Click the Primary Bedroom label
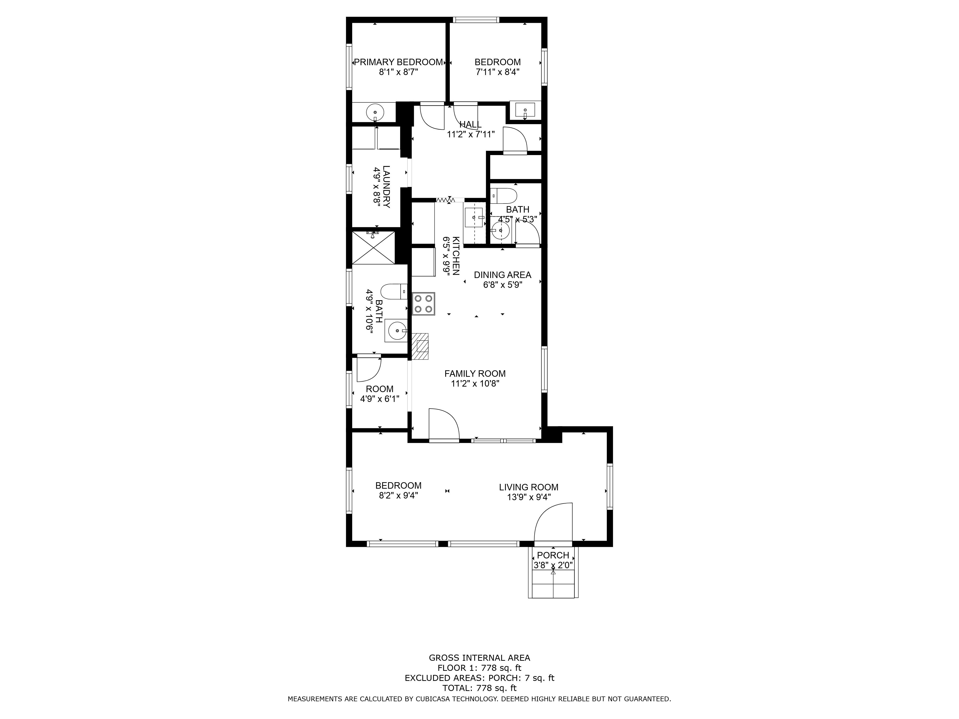[398, 62]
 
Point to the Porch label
[553, 555]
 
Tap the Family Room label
[475, 374]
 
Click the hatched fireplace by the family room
[420, 346]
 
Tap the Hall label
[470, 124]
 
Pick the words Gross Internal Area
[479, 658]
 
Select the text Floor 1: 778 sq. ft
[479, 668]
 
